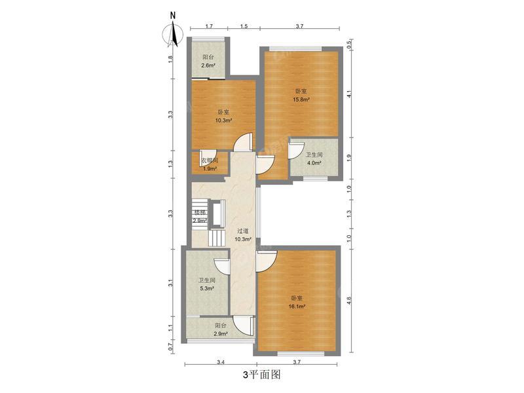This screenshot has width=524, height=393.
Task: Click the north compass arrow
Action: click(172, 33)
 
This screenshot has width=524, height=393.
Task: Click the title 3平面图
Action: click(261, 375)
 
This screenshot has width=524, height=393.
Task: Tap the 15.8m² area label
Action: click(301, 100)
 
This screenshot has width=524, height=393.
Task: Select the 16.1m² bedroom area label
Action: click(298, 305)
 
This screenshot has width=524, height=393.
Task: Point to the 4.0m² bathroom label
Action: click(314, 163)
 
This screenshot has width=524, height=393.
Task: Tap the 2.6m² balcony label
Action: click(208, 65)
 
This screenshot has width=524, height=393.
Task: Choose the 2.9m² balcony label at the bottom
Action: click(221, 334)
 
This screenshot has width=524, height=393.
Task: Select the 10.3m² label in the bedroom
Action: click(223, 121)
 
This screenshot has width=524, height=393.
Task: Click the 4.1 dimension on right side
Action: click(349, 94)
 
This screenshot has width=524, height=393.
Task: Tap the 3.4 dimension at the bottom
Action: click(221, 362)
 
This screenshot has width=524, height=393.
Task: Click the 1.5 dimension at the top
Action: click(244, 26)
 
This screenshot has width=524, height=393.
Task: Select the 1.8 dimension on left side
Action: click(170, 59)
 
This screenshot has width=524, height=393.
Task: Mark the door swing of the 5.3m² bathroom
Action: click(222, 265)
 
